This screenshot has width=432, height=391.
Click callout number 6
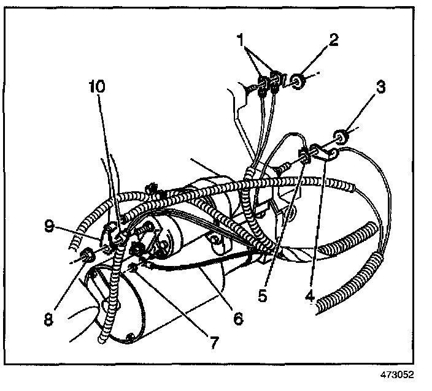pyautogui.click(x=237, y=318)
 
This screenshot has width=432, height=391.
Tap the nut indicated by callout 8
pyautogui.click(x=87, y=255)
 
